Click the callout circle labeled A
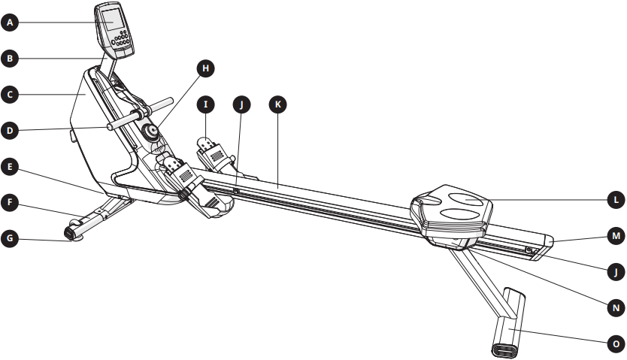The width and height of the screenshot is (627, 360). click(x=10, y=23)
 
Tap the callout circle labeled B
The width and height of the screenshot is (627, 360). click(x=10, y=59)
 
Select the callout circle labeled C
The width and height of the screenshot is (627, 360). click(x=10, y=95)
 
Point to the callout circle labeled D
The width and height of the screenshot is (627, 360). click(x=10, y=131)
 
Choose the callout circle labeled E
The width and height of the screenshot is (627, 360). click(x=10, y=167)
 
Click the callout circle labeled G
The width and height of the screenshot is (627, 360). click(x=10, y=238)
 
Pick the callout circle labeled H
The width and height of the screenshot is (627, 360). click(x=205, y=68)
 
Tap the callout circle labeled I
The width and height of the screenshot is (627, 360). click(x=205, y=104)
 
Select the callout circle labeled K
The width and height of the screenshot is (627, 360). click(x=277, y=104)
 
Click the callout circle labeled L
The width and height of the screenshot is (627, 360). click(x=616, y=199)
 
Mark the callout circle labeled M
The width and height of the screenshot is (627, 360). click(x=616, y=236)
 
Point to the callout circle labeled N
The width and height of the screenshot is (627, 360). click(x=616, y=307)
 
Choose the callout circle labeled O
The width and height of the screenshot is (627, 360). click(x=616, y=343)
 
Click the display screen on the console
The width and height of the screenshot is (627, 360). click(x=112, y=19)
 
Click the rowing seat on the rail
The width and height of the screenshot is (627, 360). click(x=451, y=212)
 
